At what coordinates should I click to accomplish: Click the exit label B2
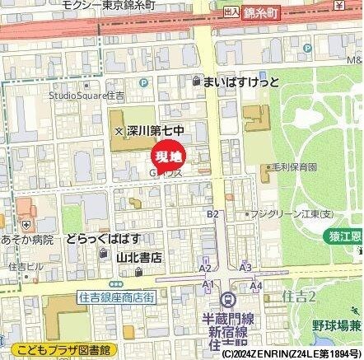[212, 213]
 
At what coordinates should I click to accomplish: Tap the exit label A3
[245, 268]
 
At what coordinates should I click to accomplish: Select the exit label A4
[256, 286]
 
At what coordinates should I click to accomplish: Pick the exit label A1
[208, 283]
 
